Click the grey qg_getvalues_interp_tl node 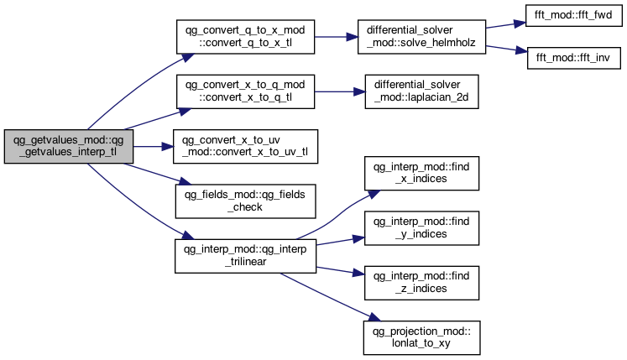pyautogui.click(x=68, y=146)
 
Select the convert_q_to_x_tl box pyautogui.click(x=246, y=37)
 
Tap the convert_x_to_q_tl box pyautogui.click(x=246, y=91)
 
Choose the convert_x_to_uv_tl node pyautogui.click(x=246, y=146)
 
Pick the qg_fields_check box pyautogui.click(x=246, y=201)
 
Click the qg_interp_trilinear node pyautogui.click(x=246, y=256)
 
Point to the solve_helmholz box pyautogui.click(x=421, y=37)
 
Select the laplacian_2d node pyautogui.click(x=421, y=91)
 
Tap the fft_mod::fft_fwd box pyautogui.click(x=573, y=16)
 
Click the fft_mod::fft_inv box pyautogui.click(x=574, y=58)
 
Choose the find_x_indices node pyautogui.click(x=421, y=173)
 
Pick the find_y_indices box pyautogui.click(x=421, y=228)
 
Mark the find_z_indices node pyautogui.click(x=421, y=283)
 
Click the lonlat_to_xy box pyautogui.click(x=421, y=337)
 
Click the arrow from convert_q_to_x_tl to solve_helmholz pyautogui.click(x=337, y=37)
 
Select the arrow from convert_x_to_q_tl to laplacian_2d pyautogui.click(x=340, y=91)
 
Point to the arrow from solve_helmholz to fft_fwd pyautogui.click(x=505, y=25)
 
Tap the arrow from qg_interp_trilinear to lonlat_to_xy pyautogui.click(x=331, y=297)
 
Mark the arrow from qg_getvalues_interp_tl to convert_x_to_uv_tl pyautogui.click(x=153, y=146)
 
